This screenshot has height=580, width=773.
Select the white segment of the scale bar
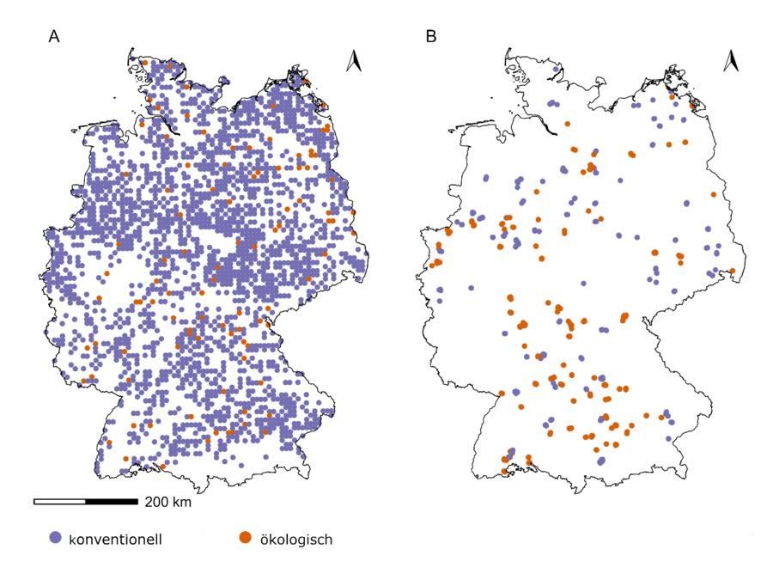pyautogui.click(x=60, y=501)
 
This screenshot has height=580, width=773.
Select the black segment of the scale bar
pyautogui.click(x=112, y=501)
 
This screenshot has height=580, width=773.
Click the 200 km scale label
pyautogui.click(x=167, y=502)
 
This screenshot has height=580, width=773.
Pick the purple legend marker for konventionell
pyautogui.click(x=56, y=538)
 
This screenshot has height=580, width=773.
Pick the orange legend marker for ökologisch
pyautogui.click(x=245, y=538)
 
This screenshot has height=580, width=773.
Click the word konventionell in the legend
pyautogui.click(x=115, y=540)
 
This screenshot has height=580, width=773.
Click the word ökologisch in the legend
pyautogui.click(x=296, y=540)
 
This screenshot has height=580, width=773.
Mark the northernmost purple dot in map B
pyautogui.click(x=557, y=70)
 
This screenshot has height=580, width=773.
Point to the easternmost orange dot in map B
pyautogui.click(x=733, y=272)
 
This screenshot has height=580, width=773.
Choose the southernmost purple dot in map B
pyautogui.click(x=600, y=462)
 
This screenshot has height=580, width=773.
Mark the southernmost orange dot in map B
pyautogui.click(x=504, y=471)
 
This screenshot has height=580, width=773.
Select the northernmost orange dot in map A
pyautogui.click(x=145, y=63)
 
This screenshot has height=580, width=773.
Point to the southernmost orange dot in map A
pyautogui.click(x=163, y=467)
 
